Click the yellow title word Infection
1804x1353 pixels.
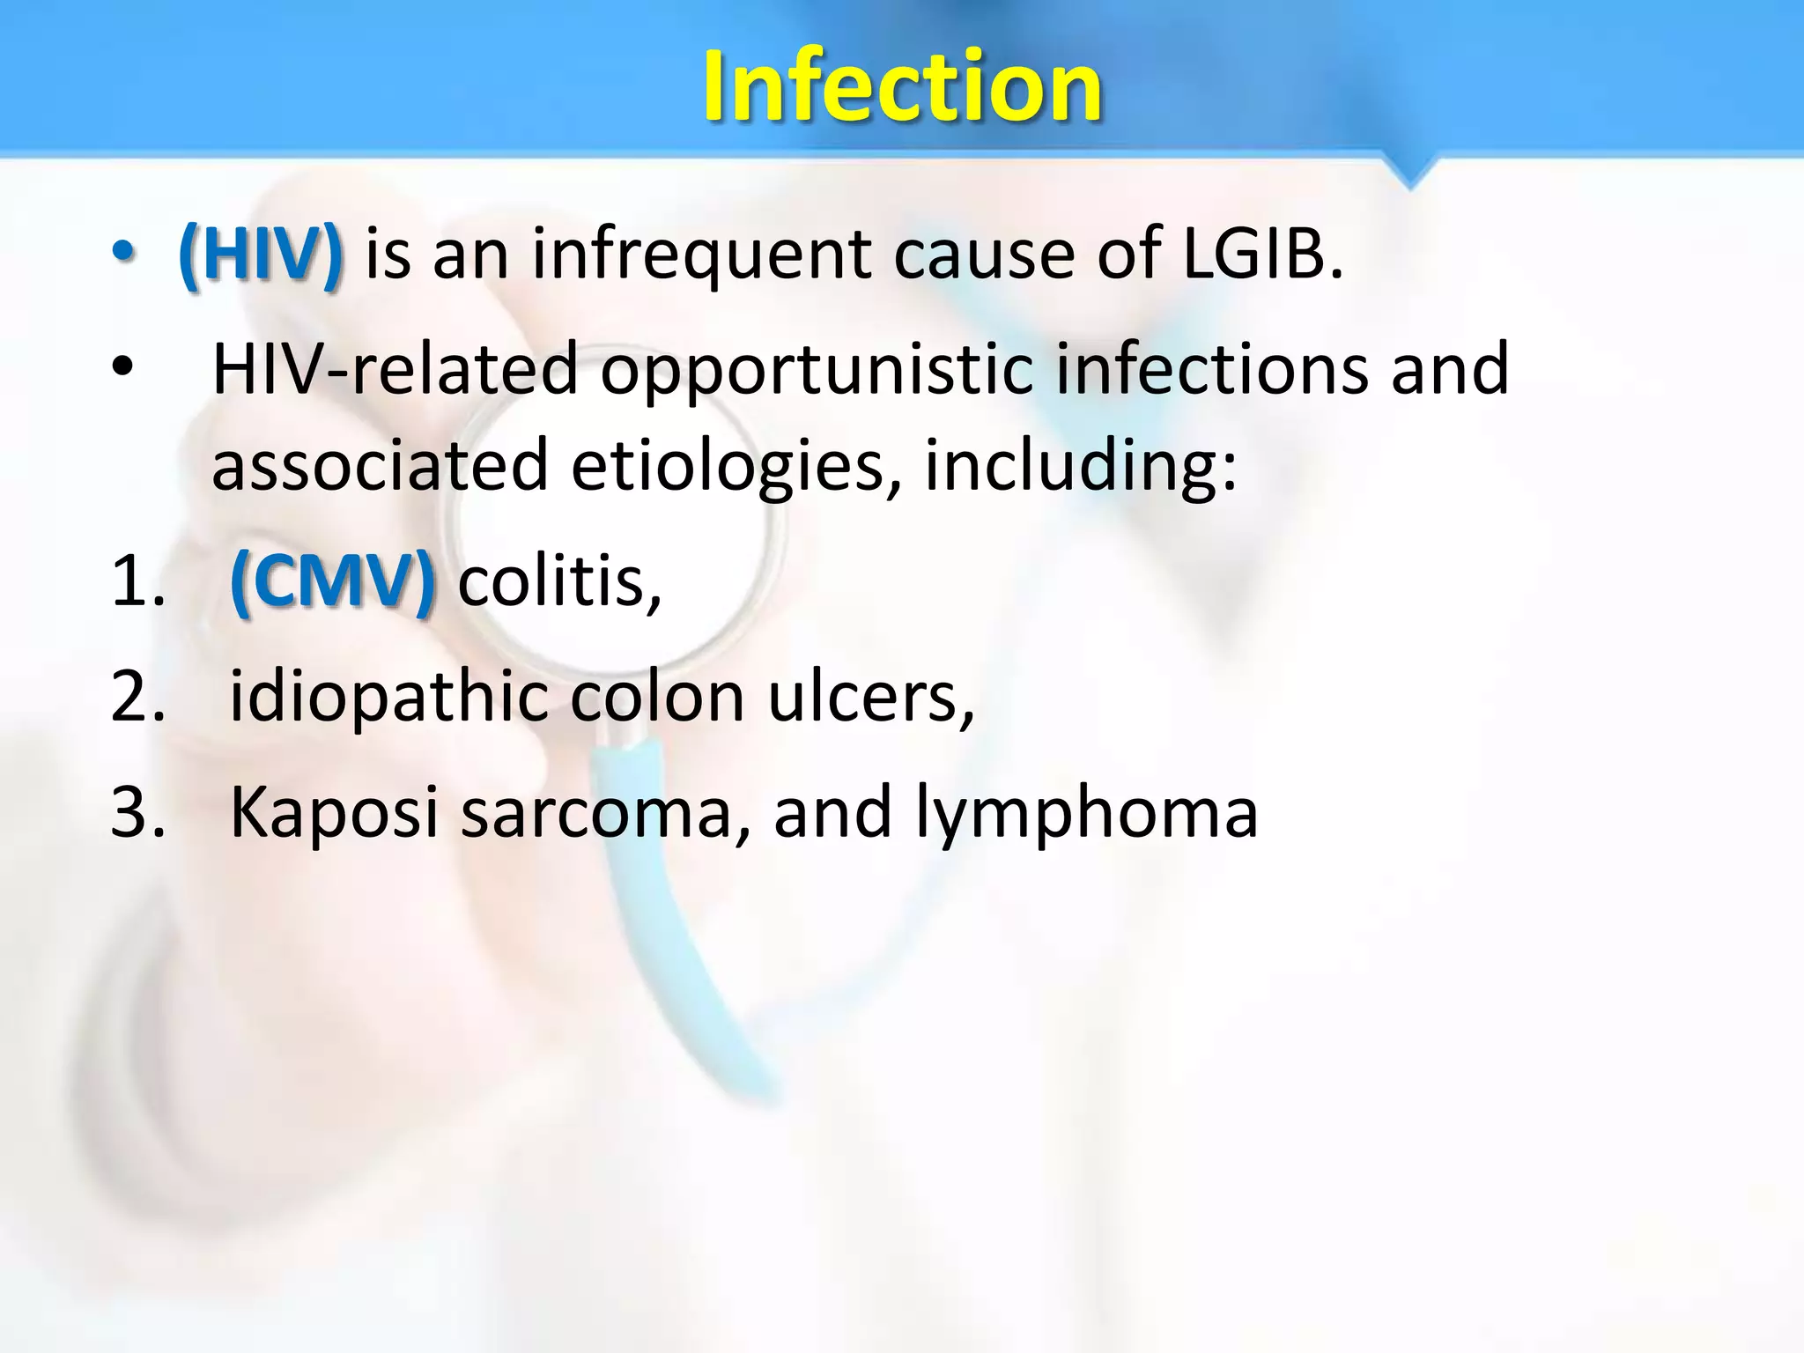tap(902, 85)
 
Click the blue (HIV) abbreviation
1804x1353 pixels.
tap(260, 255)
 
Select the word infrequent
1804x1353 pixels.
tap(701, 255)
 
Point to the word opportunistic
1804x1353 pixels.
tap(816, 370)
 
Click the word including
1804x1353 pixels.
tap(1080, 467)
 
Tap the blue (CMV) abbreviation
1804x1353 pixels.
tap(332, 582)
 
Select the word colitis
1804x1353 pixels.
tap(559, 582)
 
